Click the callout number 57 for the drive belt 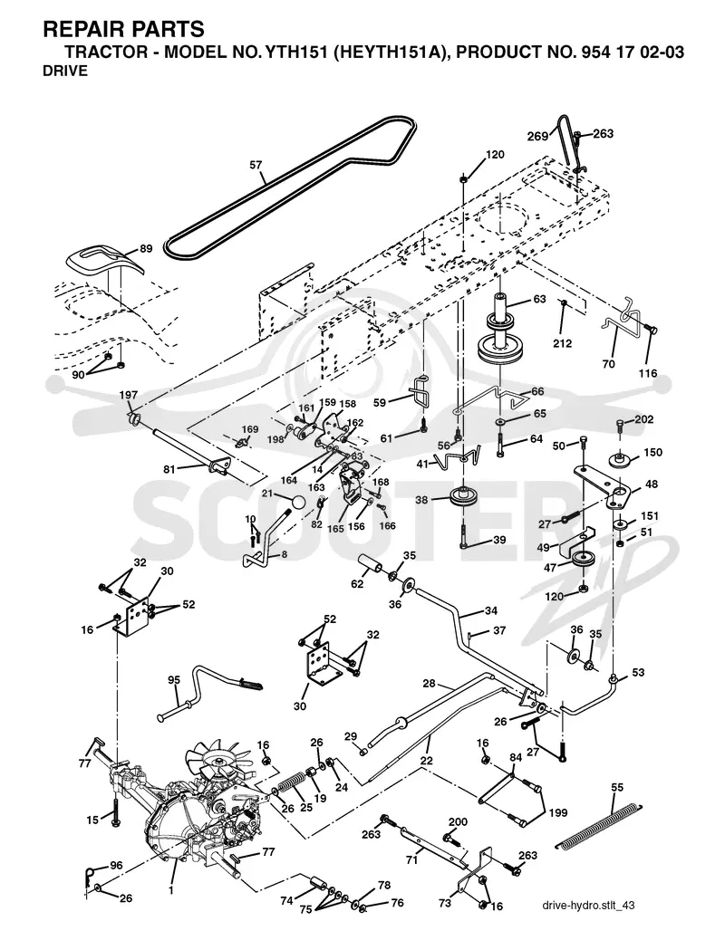point(256,164)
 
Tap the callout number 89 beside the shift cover point(146,248)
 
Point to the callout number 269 point(538,137)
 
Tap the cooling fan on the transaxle point(216,761)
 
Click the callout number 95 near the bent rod point(174,680)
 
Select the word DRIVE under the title point(65,71)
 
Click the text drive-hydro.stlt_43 point(588,905)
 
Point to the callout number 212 point(563,343)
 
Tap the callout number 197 point(128,395)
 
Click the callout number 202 point(644,419)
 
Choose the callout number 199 point(558,812)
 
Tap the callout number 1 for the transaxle point(171,890)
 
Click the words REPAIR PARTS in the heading point(123,28)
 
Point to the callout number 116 point(648,373)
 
